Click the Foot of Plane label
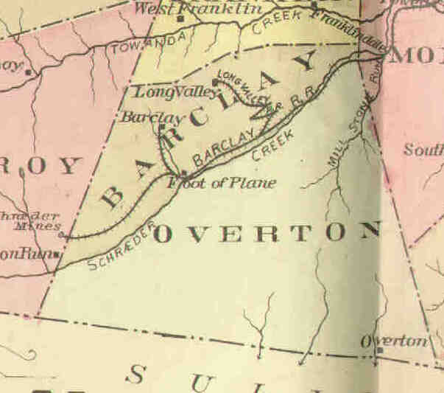222,182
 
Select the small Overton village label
394,341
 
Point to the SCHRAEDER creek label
121,243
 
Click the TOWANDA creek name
137,47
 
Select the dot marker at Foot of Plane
183,173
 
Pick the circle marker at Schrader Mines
63,235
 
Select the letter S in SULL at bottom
135,375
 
